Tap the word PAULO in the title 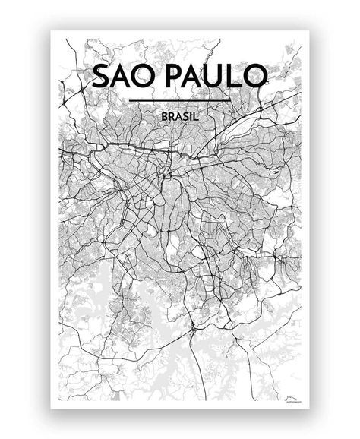click(218, 77)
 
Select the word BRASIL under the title click(180, 118)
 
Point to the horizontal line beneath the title click(180, 100)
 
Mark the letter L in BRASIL click(197, 118)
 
